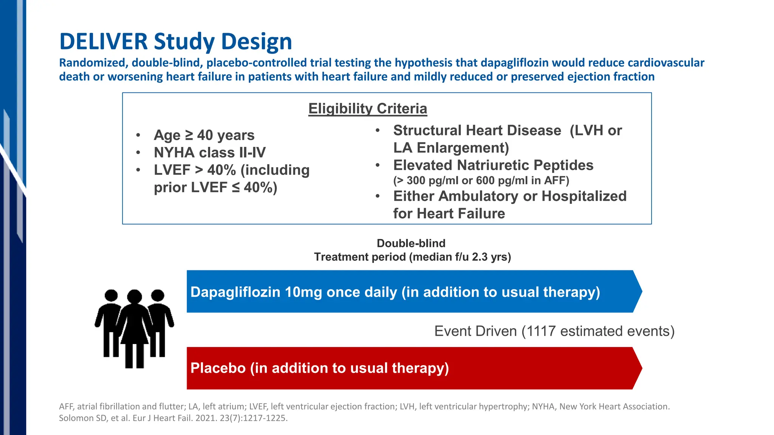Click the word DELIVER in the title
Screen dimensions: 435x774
[103, 42]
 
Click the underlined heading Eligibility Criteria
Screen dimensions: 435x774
[367, 109]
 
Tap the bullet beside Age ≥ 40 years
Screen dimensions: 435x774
[138, 135]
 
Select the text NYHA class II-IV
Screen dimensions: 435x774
[209, 153]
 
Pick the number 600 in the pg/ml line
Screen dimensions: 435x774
[485, 180]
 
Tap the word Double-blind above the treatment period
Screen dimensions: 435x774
[411, 243]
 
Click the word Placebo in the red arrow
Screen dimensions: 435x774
[218, 368]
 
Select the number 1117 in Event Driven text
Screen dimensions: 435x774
[541, 331]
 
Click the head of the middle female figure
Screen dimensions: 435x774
[135, 296]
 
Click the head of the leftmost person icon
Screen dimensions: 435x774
[111, 296]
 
